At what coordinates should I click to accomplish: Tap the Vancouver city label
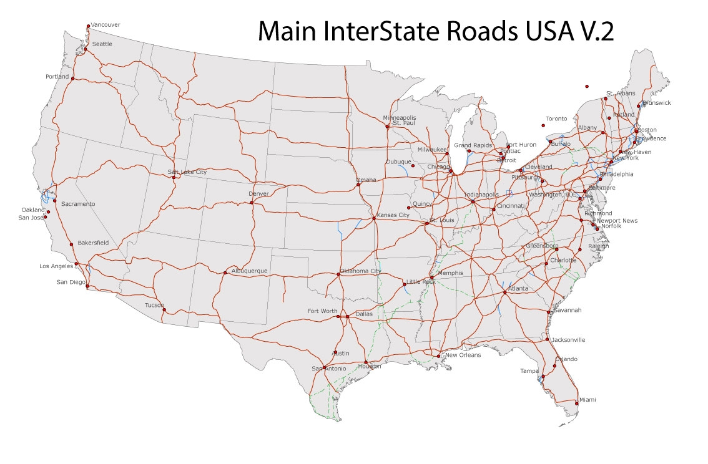(106, 25)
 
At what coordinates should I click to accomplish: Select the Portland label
(57, 77)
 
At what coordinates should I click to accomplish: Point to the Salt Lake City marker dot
(173, 178)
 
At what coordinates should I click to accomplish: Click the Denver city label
(258, 194)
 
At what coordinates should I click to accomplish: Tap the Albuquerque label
(249, 271)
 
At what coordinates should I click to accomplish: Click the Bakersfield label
(94, 243)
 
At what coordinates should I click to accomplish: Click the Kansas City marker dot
(374, 218)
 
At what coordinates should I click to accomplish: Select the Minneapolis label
(400, 118)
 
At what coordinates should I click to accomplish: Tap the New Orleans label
(463, 355)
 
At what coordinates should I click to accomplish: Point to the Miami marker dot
(576, 403)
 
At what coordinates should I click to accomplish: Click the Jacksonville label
(568, 340)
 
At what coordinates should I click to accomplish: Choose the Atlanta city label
(518, 289)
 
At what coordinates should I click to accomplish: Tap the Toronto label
(556, 118)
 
